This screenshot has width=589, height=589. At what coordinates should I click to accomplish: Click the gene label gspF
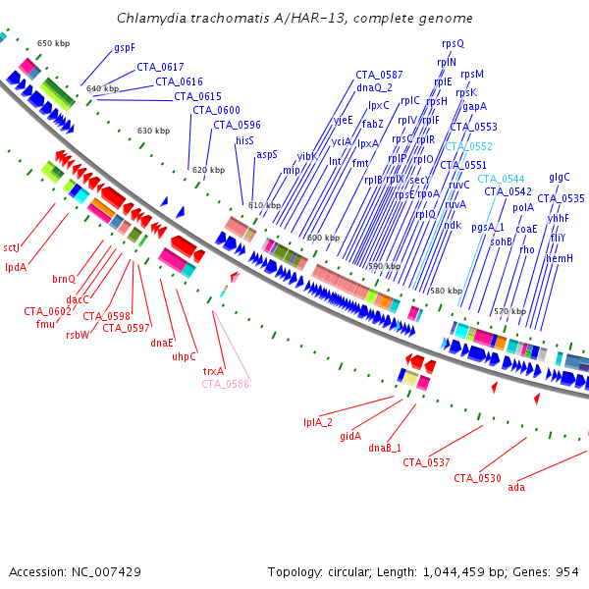125,47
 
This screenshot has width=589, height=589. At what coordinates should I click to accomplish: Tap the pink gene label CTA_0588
226,384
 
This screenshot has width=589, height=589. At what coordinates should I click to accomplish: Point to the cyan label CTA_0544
501,179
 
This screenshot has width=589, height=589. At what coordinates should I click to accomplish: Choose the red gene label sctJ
12,247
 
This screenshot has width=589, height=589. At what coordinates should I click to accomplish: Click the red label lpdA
16,266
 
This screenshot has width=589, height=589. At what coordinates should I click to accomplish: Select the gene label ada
516,487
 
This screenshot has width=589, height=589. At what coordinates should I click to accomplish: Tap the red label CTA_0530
477,478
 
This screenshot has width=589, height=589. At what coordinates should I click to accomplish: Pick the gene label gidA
350,435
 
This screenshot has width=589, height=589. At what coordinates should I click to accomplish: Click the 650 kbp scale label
53,44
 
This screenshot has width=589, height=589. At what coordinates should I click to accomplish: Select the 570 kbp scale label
509,311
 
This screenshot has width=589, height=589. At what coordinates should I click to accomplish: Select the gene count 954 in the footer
566,570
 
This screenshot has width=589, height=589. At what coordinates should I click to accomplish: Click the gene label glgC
560,177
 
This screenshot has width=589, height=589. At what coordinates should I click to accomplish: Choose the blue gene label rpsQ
454,43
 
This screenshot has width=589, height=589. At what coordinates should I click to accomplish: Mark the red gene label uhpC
185,356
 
